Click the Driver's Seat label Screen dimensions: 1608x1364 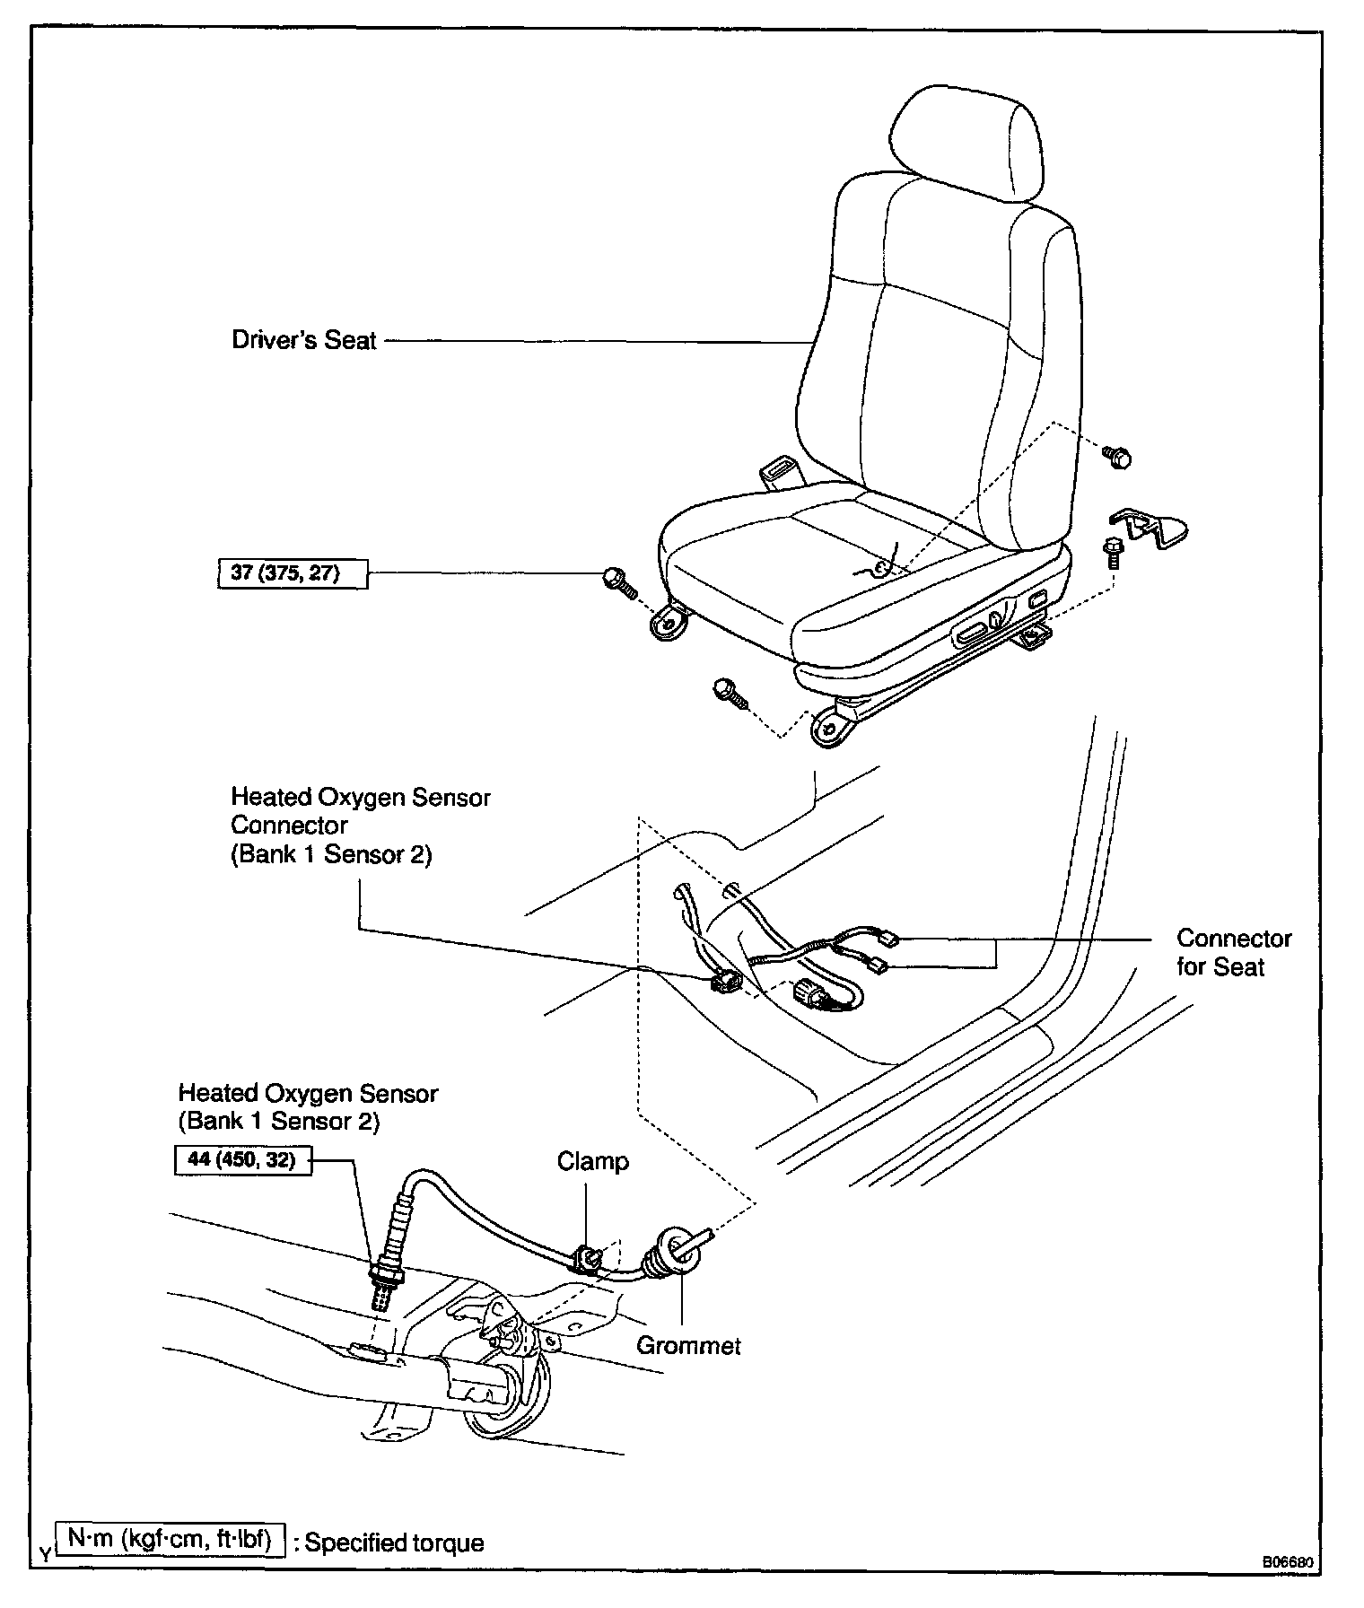304,341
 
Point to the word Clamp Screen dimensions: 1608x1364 592,1161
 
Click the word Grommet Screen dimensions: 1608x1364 688,1346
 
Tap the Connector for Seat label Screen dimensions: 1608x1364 1233,953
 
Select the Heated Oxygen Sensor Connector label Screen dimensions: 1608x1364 361,826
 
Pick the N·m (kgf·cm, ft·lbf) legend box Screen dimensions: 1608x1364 170,1540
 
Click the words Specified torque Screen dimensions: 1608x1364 394,1543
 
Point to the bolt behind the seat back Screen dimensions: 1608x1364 1118,458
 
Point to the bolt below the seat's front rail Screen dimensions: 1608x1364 729,693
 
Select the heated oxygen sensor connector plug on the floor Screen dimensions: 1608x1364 725,984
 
